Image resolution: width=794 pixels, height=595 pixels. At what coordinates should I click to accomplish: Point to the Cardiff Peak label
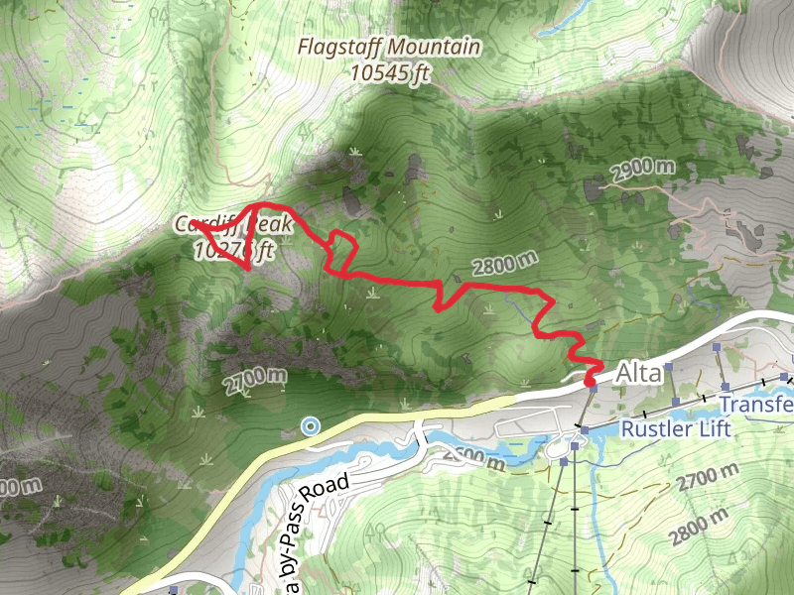[234, 225]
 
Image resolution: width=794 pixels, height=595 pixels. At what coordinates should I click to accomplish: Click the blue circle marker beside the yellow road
[311, 426]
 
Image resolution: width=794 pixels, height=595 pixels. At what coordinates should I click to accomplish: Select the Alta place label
[637, 374]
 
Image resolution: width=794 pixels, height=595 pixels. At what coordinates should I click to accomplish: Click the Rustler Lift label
[675, 429]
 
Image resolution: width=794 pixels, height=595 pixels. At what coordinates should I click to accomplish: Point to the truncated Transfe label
[756, 405]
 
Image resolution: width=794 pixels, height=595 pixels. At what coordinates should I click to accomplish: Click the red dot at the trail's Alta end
[591, 380]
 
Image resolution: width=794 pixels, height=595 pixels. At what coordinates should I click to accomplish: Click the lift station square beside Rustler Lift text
[586, 429]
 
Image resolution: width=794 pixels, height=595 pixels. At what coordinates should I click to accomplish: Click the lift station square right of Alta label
[670, 367]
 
